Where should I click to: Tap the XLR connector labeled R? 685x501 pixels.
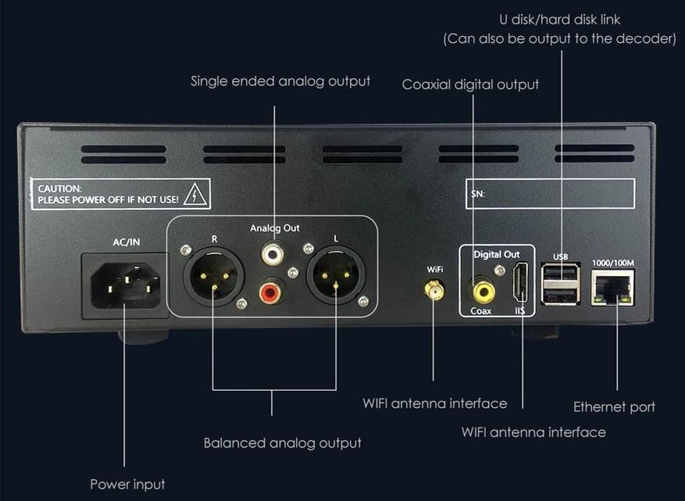(x=213, y=276)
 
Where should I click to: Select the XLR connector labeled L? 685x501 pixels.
(x=336, y=276)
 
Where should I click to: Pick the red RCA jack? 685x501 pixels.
(x=270, y=294)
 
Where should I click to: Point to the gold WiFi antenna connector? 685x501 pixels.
(x=433, y=291)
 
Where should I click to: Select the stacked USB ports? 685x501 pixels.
(x=562, y=284)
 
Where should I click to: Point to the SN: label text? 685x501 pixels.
(x=479, y=193)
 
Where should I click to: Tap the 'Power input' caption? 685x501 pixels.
(x=127, y=485)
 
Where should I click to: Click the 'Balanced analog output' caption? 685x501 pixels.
(x=282, y=443)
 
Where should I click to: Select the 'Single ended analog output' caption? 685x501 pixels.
(x=280, y=81)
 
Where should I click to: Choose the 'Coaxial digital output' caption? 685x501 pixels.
(x=470, y=84)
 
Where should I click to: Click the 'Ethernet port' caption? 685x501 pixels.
(x=614, y=406)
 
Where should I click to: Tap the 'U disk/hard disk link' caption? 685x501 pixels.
(x=559, y=20)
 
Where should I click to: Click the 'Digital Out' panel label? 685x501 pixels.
(x=496, y=255)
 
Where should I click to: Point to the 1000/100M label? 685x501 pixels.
(x=613, y=262)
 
